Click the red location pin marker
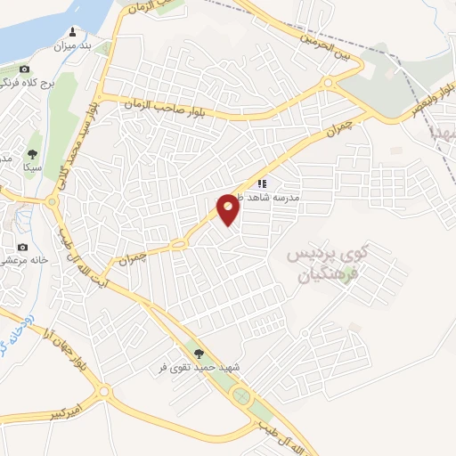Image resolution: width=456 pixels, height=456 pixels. click(x=229, y=209)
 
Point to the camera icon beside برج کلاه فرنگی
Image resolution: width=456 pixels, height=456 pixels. click(x=24, y=69)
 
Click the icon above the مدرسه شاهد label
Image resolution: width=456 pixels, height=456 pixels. click(x=262, y=183)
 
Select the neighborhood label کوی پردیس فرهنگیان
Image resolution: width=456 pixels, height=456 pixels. click(x=327, y=264)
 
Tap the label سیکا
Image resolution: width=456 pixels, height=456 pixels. click(x=33, y=167)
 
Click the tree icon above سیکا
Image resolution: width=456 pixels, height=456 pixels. click(x=33, y=154)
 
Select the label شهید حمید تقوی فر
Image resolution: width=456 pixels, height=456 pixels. click(x=200, y=366)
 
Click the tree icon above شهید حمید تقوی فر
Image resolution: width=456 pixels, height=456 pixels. click(x=199, y=353)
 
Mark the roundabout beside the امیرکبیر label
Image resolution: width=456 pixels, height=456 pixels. click(x=106, y=391)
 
